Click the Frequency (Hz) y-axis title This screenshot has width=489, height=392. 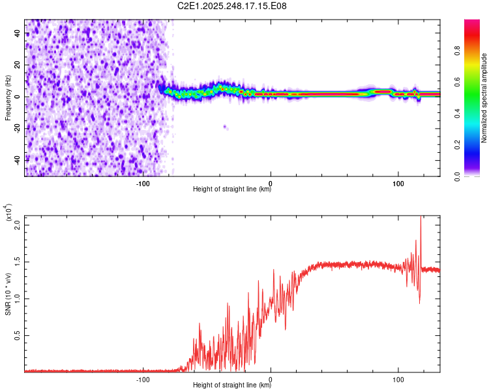8,97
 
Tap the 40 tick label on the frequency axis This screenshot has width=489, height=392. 18,34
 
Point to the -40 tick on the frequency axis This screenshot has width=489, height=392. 18,159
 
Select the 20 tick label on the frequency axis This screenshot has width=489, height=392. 18,65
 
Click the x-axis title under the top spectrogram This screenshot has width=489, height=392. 232,189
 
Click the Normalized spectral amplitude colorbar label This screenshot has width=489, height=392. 484,97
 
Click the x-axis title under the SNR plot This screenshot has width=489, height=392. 232,385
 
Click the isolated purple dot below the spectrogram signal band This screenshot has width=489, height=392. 225,127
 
